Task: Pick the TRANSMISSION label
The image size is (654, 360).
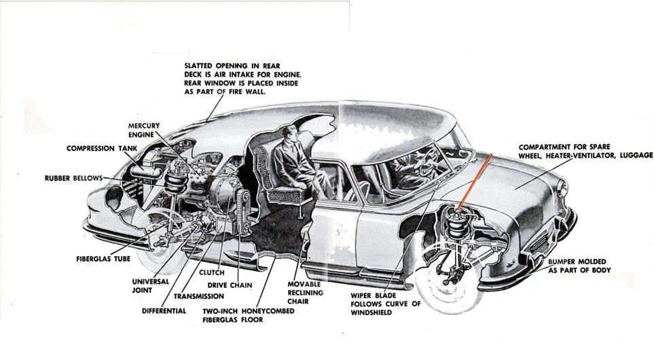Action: coord(198,296)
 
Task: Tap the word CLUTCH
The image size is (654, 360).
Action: coord(211,272)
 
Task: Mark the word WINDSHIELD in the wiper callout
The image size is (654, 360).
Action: coord(373,313)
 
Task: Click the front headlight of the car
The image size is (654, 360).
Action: coord(562,188)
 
